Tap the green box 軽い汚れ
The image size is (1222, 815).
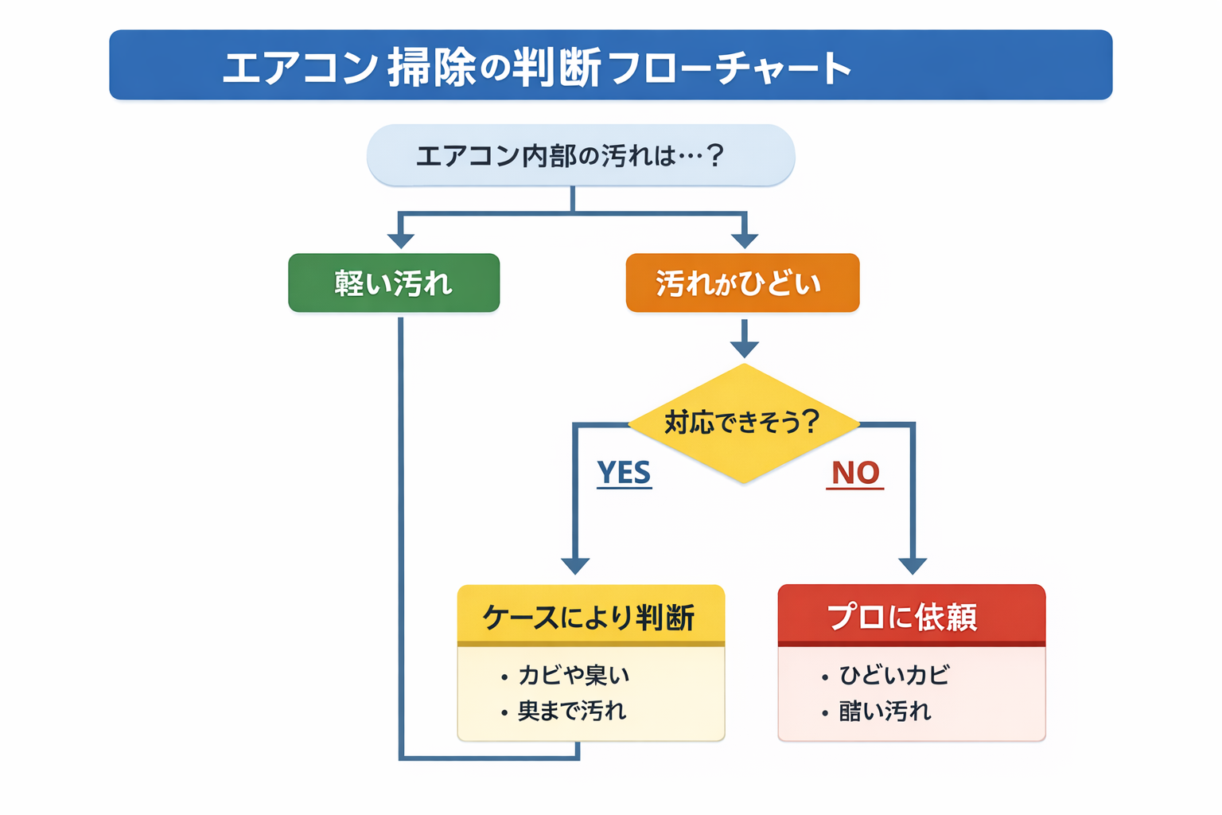tap(394, 283)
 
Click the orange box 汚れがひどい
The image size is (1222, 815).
tap(741, 283)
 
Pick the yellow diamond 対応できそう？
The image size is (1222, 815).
tap(743, 423)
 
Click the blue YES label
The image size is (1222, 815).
tap(624, 473)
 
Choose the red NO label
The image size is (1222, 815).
tap(855, 474)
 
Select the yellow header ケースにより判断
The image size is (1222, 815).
tap(590, 617)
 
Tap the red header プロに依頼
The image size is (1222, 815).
tap(911, 617)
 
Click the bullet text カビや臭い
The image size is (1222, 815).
tap(573, 675)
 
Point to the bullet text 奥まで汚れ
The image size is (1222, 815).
tap(571, 711)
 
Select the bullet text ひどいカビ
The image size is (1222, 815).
tap(893, 675)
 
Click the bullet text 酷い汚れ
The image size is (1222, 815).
tap(884, 711)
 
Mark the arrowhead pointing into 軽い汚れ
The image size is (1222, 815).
tap(401, 240)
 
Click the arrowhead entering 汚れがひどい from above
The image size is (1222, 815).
tap(744, 240)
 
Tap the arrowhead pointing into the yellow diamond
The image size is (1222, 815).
tap(744, 349)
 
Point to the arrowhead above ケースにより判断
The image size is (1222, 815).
tap(575, 566)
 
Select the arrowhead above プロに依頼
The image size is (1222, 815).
tap(913, 566)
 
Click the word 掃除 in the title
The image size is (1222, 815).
tap(431, 67)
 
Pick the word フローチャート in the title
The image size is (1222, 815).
tap(729, 68)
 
